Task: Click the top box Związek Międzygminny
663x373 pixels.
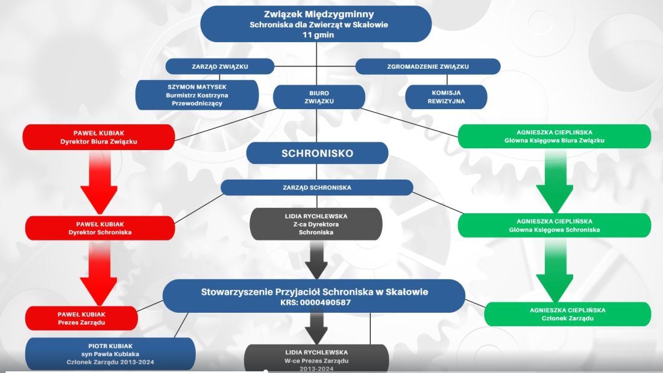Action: click(316, 24)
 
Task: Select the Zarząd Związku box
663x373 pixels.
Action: click(220, 66)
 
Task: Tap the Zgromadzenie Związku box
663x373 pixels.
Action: click(428, 66)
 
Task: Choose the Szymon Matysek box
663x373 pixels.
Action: click(197, 95)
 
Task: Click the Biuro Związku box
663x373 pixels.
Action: click(319, 97)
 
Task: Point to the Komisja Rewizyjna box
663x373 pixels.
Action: click(446, 97)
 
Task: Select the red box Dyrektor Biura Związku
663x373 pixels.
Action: click(98, 137)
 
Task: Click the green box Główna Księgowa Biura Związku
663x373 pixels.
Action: click(555, 136)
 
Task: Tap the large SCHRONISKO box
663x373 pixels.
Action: click(317, 153)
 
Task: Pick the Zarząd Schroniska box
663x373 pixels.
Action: click(316, 187)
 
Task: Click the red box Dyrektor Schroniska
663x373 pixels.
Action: click(100, 228)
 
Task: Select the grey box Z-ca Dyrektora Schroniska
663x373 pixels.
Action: click(316, 224)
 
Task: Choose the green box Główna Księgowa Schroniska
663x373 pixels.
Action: click(555, 225)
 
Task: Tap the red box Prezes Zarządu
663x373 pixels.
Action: click(81, 318)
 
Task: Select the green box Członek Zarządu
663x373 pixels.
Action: click(567, 314)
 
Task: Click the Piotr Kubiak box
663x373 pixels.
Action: click(110, 354)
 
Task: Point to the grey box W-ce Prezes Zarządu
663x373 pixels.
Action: click(316, 359)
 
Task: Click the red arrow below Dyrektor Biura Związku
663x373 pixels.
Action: click(99, 182)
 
